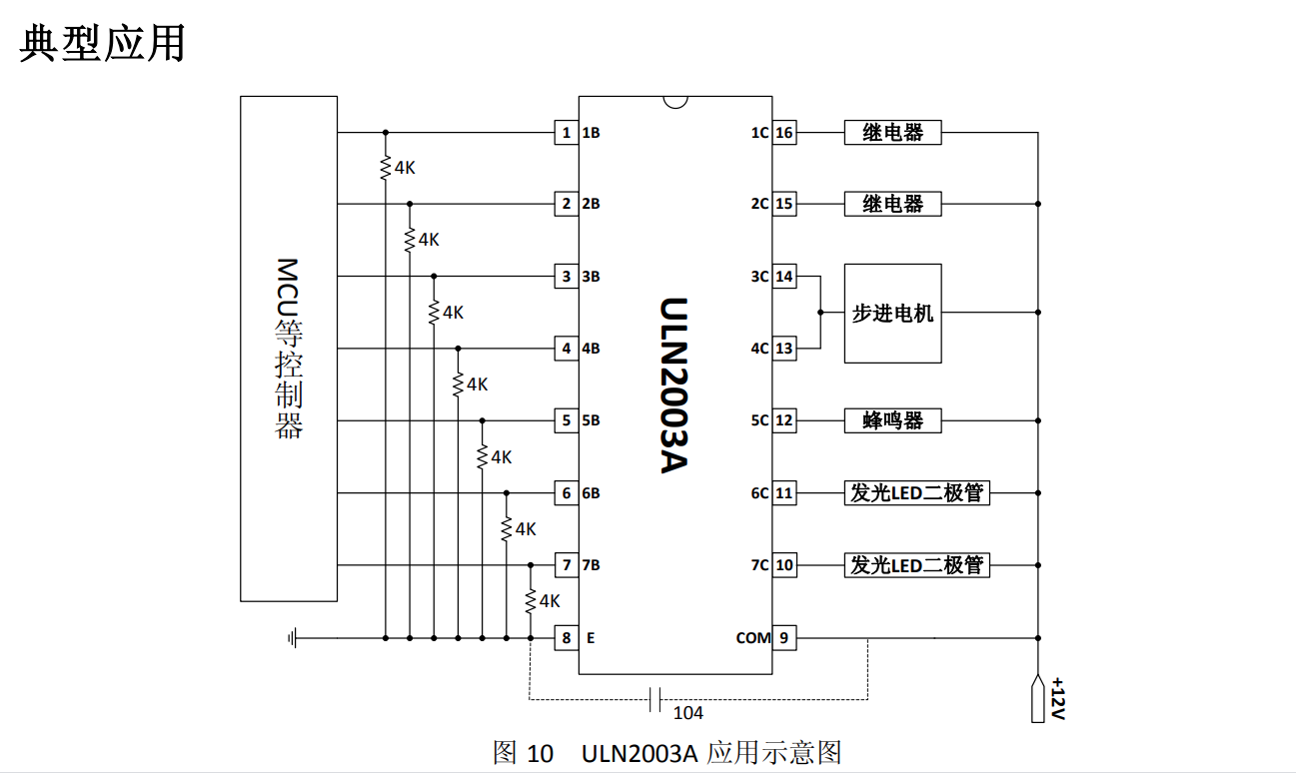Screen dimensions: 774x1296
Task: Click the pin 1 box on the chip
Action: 567,133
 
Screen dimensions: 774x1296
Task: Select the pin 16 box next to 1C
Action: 784,133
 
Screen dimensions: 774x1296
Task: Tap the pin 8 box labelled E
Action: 567,637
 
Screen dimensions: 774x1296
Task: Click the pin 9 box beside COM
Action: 784,637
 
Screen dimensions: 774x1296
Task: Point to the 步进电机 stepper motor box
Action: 892,313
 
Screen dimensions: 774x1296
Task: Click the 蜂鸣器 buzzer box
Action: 892,420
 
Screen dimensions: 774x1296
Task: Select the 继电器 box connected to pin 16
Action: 892,133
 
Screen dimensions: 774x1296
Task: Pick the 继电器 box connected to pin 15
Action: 892,204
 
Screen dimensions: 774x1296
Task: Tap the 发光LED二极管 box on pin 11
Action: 916,492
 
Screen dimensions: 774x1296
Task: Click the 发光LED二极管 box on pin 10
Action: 916,565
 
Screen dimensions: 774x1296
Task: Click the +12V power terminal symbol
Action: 1038,699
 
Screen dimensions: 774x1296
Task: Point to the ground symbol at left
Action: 292,637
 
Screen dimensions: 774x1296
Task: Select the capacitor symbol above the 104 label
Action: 655,699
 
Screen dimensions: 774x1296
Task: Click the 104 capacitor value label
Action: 687,713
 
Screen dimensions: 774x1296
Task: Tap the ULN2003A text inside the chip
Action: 675,385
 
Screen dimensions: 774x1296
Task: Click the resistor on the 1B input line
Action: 386,168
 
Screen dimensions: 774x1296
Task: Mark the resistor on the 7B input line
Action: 530,601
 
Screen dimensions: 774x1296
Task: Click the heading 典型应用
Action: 103,44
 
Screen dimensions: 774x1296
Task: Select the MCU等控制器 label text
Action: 288,349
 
